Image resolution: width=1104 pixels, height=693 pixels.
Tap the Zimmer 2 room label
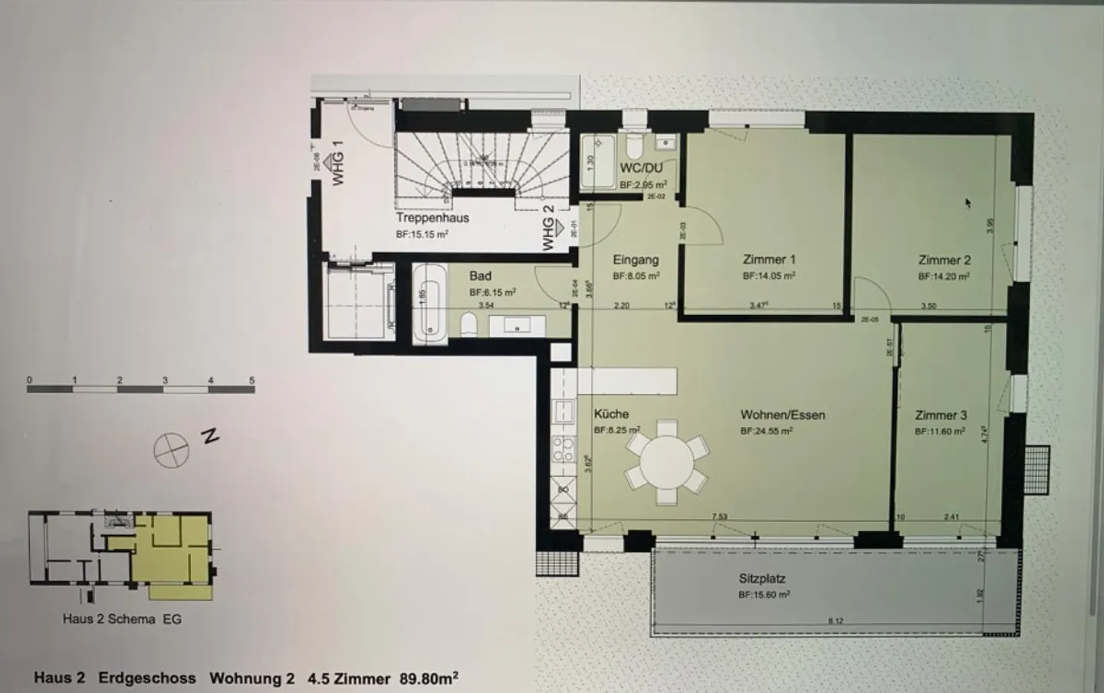coord(945,260)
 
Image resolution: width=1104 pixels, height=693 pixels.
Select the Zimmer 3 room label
coord(941,415)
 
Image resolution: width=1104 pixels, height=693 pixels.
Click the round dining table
coord(665,462)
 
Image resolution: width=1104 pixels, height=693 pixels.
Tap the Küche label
coord(611,414)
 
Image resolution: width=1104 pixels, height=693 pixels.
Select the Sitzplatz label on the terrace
coord(762,579)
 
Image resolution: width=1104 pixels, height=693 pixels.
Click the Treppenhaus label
coord(432,218)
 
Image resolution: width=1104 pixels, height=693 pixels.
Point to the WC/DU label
coord(641,168)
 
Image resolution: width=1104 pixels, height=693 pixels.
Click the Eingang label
coord(636,260)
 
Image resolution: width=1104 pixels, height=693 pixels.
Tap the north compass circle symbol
coord(171,449)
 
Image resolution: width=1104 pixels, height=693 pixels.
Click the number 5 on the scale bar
coord(251,380)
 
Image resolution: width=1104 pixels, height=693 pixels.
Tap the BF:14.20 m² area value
coord(944,276)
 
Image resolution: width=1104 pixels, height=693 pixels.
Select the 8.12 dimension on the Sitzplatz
coord(835,621)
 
